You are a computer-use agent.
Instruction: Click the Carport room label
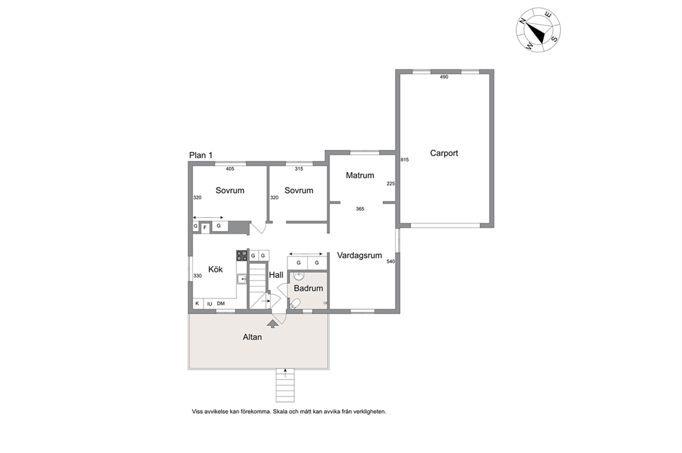point(443,153)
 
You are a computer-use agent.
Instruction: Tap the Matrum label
point(360,175)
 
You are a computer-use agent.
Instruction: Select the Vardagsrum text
point(360,256)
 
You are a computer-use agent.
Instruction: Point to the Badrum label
point(309,288)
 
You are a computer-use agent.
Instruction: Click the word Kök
point(215,269)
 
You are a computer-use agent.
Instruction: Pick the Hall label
point(276,275)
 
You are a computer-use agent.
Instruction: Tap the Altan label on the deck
point(252,337)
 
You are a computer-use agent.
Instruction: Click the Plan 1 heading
point(201,155)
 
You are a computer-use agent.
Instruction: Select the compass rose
point(538,30)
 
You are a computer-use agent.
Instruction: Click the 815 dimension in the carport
point(404,159)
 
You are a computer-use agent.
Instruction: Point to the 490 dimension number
point(443,77)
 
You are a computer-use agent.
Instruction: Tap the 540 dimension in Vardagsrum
point(390,261)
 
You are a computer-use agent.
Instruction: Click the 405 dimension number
point(230,168)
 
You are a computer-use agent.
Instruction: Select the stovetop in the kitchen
point(242,256)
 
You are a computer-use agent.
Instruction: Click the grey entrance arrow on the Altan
point(273,323)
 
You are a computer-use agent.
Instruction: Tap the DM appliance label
point(221,303)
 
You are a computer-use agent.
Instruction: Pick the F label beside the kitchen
point(205,228)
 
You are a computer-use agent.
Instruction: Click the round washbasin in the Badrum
point(299,276)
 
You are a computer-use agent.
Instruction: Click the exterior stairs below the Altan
point(285,385)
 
